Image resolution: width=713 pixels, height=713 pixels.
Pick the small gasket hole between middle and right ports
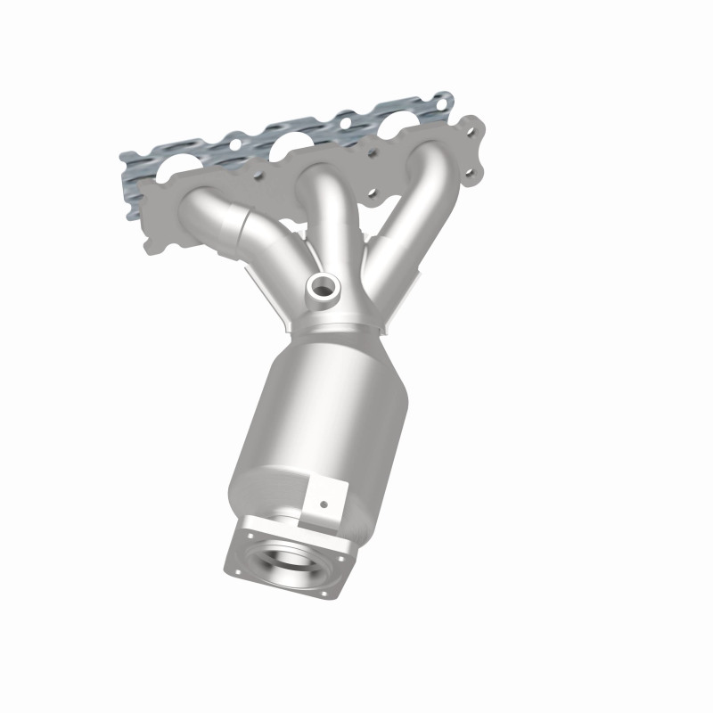pos(342,118)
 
